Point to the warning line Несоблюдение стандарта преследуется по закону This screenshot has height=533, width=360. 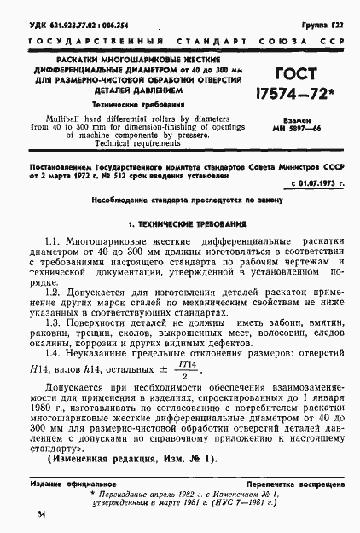coord(181,198)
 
